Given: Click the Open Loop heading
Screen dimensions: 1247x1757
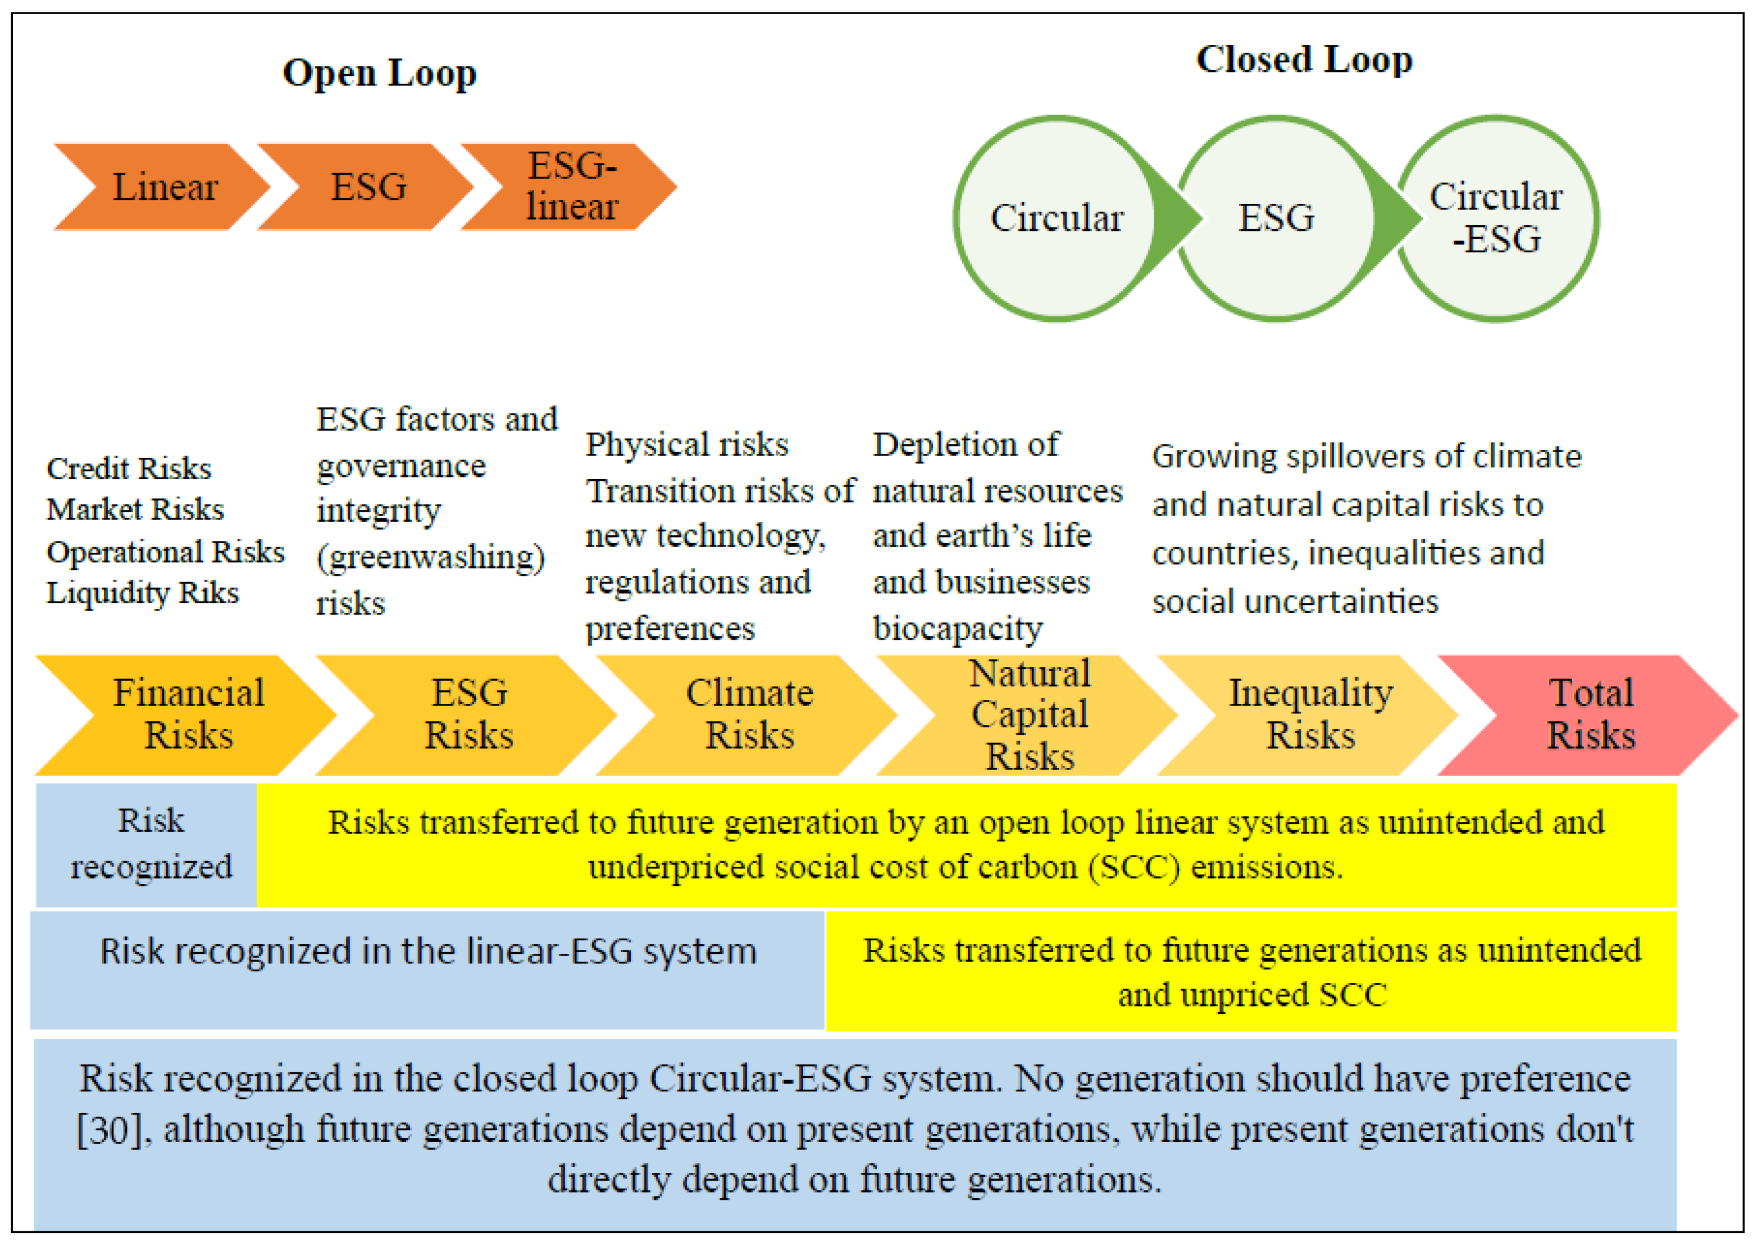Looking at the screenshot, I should click(x=379, y=74).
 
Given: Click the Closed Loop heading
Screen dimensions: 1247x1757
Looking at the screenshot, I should click(x=1304, y=60).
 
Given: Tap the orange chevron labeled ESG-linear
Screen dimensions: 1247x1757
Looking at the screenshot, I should click(x=571, y=186).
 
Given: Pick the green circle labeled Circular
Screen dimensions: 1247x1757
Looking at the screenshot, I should click(x=1056, y=218).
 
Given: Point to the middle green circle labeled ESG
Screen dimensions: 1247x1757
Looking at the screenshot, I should click(x=1276, y=218).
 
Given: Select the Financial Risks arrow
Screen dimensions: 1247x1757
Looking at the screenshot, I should click(x=188, y=714).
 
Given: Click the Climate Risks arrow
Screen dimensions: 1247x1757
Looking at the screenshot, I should click(x=749, y=714).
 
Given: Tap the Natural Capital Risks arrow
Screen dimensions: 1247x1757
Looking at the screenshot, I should click(x=1029, y=714).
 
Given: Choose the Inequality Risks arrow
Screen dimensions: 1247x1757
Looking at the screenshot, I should click(x=1310, y=714).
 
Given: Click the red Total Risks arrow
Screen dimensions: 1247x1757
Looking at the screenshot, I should click(x=1590, y=714).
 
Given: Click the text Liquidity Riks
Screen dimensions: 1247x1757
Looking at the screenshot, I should click(x=143, y=593).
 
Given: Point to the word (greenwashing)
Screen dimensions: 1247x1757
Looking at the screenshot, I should click(x=430, y=557).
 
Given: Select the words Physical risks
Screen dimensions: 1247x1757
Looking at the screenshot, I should click(x=686, y=444).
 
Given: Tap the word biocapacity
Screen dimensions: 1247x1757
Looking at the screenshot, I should click(x=958, y=629).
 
